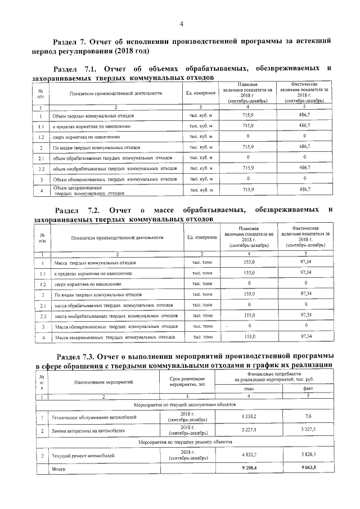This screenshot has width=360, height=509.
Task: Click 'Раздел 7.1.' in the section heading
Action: click(x=79, y=69)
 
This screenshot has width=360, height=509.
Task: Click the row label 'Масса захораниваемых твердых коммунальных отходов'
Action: click(x=114, y=337)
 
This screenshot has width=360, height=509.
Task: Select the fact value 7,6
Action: click(x=307, y=417)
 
